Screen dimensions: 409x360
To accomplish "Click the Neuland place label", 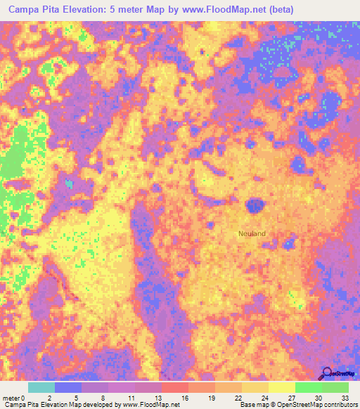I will coord(252,233).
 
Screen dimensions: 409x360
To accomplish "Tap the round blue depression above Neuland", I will coord(255,206).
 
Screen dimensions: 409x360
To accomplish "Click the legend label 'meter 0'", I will coord(14,398).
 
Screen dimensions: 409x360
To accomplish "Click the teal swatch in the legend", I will coord(41,387).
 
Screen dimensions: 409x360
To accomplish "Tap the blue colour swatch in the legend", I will coord(68,387).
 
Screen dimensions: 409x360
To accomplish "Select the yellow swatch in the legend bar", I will coord(282,387).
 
